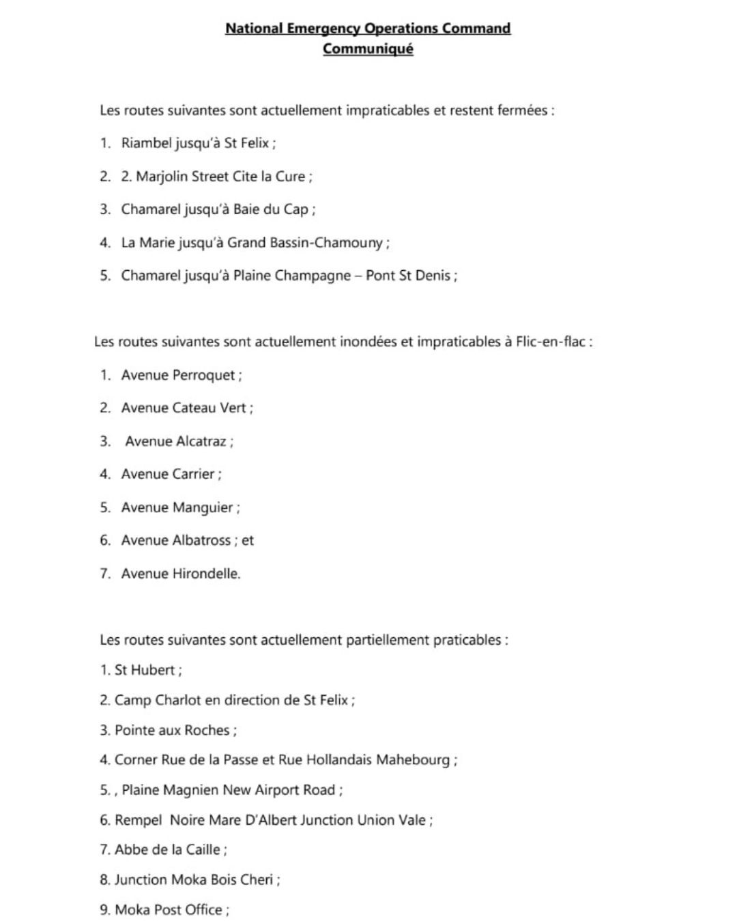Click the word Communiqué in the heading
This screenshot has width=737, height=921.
(x=368, y=49)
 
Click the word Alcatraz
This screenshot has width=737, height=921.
(x=201, y=441)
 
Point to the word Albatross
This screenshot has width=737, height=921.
(x=201, y=540)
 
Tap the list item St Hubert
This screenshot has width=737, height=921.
(x=145, y=670)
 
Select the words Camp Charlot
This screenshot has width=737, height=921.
(x=158, y=700)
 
